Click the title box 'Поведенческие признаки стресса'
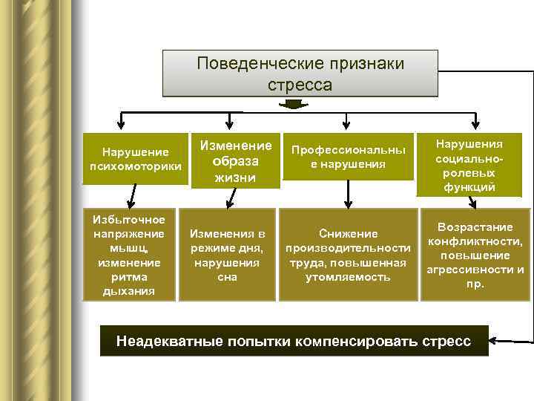tap(300, 74)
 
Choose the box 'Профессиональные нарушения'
tap(348, 157)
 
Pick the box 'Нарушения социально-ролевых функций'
tap(469, 165)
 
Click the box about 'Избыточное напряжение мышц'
tap(130, 255)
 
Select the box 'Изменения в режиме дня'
tap(227, 255)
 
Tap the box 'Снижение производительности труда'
tap(348, 255)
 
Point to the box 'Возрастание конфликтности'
tap(475, 254)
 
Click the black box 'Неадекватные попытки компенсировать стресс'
tap(294, 342)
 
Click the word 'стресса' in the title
tap(300, 85)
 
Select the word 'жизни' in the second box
tap(235, 177)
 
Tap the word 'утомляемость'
tap(348, 277)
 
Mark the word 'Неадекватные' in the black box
tap(159, 342)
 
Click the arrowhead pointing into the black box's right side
tap(495, 342)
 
